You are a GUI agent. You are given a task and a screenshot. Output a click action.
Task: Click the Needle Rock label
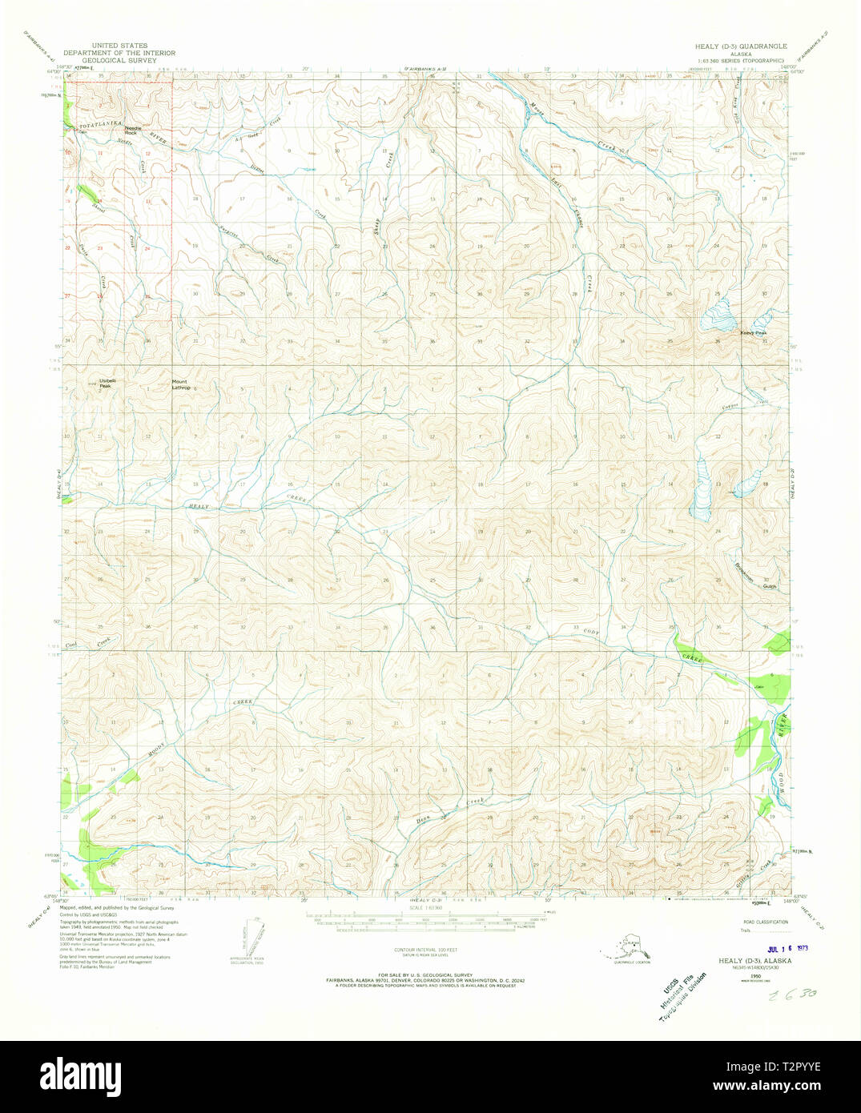(132, 131)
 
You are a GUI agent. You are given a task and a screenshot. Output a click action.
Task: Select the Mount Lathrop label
(181, 384)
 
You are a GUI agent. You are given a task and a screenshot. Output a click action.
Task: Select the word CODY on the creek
(591, 633)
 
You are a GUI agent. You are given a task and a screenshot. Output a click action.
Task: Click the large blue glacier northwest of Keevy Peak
(717, 316)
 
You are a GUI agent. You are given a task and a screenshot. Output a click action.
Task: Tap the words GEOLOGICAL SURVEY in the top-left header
(120, 59)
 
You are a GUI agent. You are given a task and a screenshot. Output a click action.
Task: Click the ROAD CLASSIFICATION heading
(764, 922)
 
